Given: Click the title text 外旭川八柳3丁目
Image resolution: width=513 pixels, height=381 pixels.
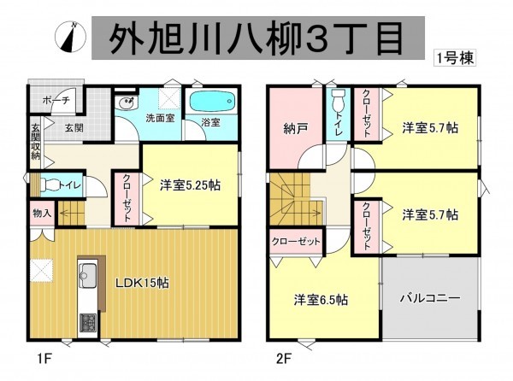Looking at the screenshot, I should (256, 37).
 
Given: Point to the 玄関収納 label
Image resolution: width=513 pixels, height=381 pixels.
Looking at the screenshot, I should (36, 141).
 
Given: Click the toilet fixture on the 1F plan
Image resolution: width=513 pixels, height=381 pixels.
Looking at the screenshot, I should (50, 184).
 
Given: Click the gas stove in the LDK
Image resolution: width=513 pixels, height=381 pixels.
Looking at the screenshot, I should (88, 323).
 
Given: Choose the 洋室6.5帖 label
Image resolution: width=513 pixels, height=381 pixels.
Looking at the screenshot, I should (321, 300).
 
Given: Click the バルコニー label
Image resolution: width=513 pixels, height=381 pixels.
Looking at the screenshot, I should (431, 300).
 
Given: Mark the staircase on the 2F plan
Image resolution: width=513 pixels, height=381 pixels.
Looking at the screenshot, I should (291, 201).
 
